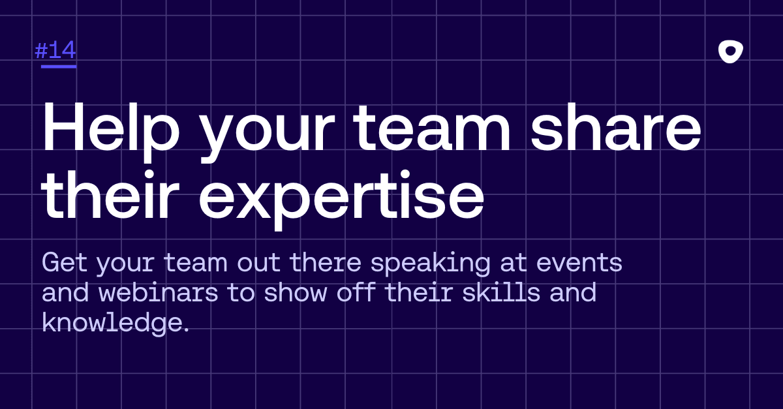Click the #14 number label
click(x=55, y=50)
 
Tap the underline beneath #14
click(x=59, y=66)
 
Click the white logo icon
click(x=731, y=52)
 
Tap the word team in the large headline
click(x=432, y=128)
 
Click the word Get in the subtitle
click(x=65, y=262)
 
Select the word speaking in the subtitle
click(x=430, y=264)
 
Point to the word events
click(x=579, y=263)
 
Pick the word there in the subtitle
click(x=326, y=262)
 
